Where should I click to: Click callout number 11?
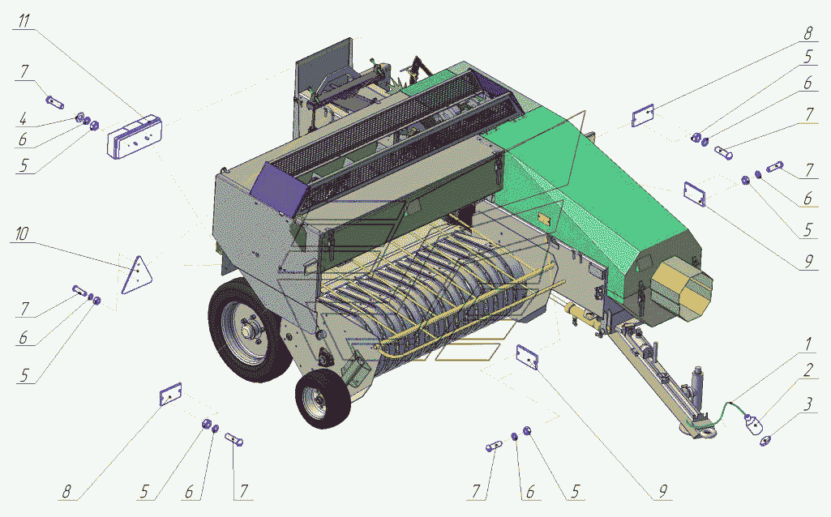pos(24,21)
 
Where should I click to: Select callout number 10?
pos(22,233)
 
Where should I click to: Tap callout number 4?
pos(23,119)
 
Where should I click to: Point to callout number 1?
pos(807,344)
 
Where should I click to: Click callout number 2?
pos(807,370)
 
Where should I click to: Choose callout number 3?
pos(807,404)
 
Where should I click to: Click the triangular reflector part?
pos(137,276)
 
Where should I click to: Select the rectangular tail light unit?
pos(135,137)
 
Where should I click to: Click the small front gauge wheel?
pos(322,399)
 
